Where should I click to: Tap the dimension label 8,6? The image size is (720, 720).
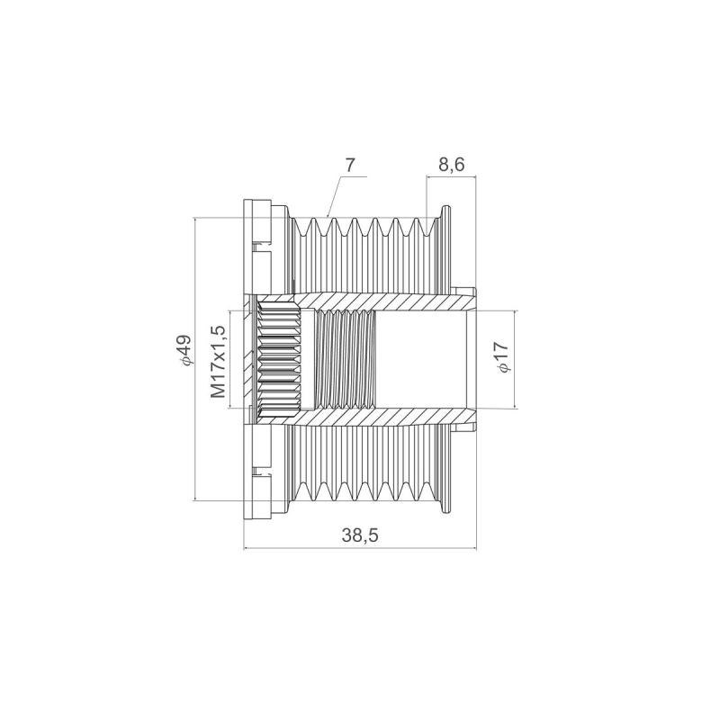451,165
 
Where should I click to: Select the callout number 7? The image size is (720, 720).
350,165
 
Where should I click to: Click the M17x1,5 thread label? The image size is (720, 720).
218,362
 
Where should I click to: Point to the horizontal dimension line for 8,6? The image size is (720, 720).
450,177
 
